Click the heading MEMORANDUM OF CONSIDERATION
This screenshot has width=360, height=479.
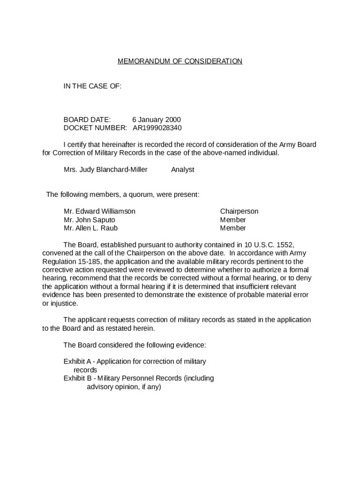[x=180, y=61]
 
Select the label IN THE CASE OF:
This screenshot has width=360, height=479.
[x=93, y=86]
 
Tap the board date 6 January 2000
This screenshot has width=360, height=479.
[x=156, y=120]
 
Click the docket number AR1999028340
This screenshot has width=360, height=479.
[x=157, y=128]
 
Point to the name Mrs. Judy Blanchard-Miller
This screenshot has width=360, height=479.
[x=105, y=170]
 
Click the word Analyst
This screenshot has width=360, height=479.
[x=182, y=170]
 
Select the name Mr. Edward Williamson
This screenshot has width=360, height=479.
[x=100, y=211]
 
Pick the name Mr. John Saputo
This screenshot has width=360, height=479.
[x=89, y=220]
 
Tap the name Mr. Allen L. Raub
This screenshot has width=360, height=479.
[x=91, y=228]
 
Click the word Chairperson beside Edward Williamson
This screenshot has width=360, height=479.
[x=239, y=211]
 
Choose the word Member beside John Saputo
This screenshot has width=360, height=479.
[x=233, y=220]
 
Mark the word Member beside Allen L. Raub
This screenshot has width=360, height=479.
[x=233, y=228]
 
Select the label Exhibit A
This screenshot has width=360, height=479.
[x=77, y=362]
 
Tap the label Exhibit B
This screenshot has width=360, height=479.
[x=77, y=378]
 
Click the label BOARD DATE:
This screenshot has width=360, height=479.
[x=87, y=120]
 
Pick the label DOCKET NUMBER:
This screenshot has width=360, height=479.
[x=95, y=128]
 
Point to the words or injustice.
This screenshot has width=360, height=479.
[x=60, y=304]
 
